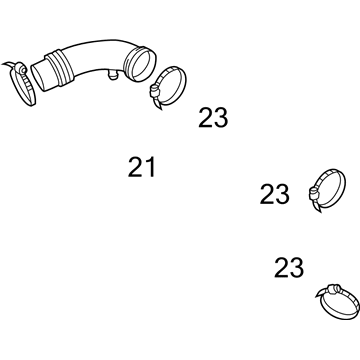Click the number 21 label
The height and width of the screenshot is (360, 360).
pyautogui.click(x=142, y=167)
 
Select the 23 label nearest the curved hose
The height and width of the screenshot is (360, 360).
pyautogui.click(x=213, y=118)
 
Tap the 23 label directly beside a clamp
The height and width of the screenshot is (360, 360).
pyautogui.click(x=275, y=194)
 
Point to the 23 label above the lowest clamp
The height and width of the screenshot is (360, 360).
pyautogui.click(x=289, y=268)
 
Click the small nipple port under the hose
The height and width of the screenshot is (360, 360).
pyautogui.click(x=113, y=76)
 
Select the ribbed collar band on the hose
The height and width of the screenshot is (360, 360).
pyautogui.click(x=59, y=68)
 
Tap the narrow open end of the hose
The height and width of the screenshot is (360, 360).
pyautogui.click(x=40, y=77)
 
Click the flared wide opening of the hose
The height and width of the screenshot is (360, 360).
pyautogui.click(x=139, y=64)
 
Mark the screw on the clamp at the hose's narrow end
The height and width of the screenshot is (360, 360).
pyautogui.click(x=21, y=69)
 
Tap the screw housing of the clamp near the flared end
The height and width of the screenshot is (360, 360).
pyautogui.click(x=154, y=90)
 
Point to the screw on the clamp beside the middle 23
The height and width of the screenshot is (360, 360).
pyautogui.click(x=313, y=193)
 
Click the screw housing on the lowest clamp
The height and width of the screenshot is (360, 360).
pyautogui.click(x=334, y=289)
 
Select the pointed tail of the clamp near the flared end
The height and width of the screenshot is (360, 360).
pyautogui.click(x=158, y=105)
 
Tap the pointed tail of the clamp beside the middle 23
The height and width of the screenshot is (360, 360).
pyautogui.click(x=318, y=208)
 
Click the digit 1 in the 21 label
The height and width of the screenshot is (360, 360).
pyautogui.click(x=151, y=167)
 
